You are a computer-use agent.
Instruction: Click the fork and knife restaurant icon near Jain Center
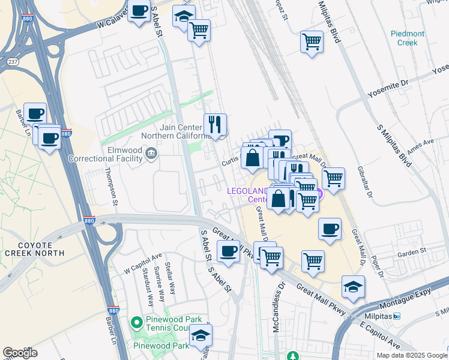pyautogui.click(x=215, y=125)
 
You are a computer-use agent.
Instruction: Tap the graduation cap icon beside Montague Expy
pyautogui.click(x=354, y=287)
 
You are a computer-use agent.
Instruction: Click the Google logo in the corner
pyautogui.click(x=20, y=353)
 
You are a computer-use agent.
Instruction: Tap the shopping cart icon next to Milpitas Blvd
pyautogui.click(x=312, y=42)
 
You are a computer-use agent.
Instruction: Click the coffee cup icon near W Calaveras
pyautogui.click(x=139, y=11)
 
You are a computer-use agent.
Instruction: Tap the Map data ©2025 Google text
pyautogui.click(x=411, y=355)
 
